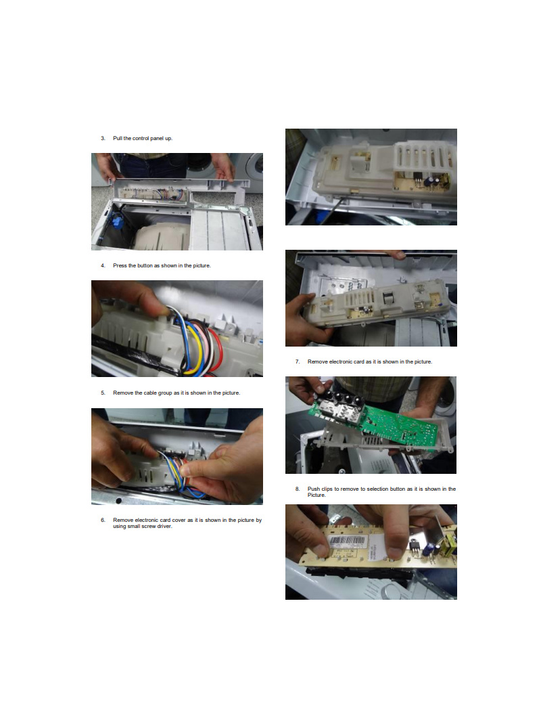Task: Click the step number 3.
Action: (x=103, y=138)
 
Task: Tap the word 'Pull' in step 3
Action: (x=118, y=138)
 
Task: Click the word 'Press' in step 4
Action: (x=120, y=266)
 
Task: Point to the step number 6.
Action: (x=103, y=520)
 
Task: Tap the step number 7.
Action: (x=297, y=361)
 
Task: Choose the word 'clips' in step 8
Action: (x=327, y=489)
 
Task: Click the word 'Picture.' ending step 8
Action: (x=316, y=495)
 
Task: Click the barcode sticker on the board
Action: (x=347, y=541)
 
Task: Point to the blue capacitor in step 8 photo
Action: (x=429, y=549)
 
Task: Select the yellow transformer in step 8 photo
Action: (x=448, y=544)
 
